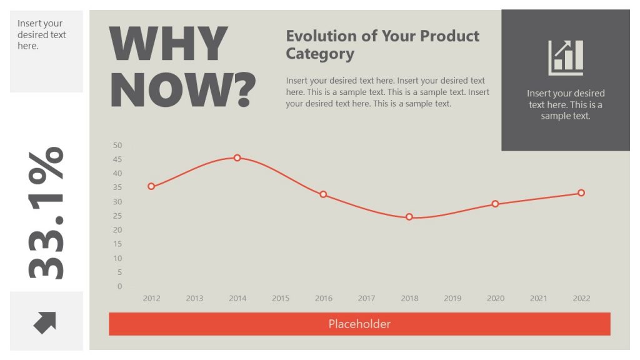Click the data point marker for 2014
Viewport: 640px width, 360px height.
[x=237, y=158]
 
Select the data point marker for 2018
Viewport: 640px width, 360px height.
[x=409, y=217]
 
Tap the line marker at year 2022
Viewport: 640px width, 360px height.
[x=581, y=193]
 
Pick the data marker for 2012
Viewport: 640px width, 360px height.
[x=151, y=186]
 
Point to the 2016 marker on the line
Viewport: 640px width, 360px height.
[x=323, y=194]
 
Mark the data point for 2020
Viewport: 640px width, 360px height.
[x=495, y=204]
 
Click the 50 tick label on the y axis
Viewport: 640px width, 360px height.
[x=117, y=145]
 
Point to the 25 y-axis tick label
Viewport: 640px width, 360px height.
[x=117, y=216]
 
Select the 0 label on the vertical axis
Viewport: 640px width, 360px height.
[x=119, y=286]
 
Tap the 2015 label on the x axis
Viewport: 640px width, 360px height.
[x=281, y=298]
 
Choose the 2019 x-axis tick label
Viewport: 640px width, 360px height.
[x=452, y=298]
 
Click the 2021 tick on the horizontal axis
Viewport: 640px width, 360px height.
[x=538, y=298]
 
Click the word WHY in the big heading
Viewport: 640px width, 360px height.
[x=168, y=44]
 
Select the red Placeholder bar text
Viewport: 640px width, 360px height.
[x=359, y=324]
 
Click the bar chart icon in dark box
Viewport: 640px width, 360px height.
[x=566, y=57]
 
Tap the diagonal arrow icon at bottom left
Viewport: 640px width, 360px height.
[x=45, y=322]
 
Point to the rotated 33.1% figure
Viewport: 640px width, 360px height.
[x=46, y=212]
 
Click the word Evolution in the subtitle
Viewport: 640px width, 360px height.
[x=321, y=36]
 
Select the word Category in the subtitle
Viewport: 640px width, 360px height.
[x=320, y=54]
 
